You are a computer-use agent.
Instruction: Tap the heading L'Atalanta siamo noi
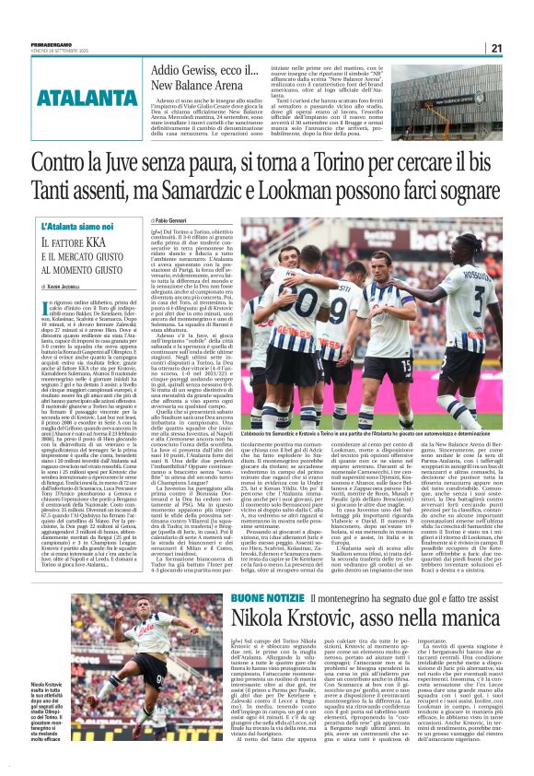77,227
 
